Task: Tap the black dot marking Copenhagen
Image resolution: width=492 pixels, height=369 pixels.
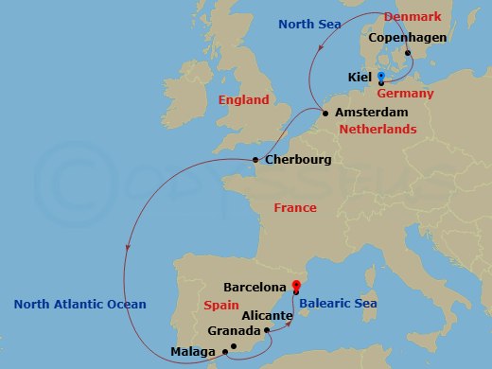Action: click(x=408, y=53)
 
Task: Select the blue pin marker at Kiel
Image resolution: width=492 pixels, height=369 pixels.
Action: click(x=380, y=76)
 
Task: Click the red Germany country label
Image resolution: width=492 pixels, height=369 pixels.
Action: click(x=405, y=94)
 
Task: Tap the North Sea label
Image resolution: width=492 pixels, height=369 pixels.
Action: click(x=306, y=23)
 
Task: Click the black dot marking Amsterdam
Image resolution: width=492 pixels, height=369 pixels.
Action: click(x=326, y=114)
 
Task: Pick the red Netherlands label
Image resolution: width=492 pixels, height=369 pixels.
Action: click(x=378, y=129)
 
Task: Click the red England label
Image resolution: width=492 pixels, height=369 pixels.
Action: click(x=243, y=99)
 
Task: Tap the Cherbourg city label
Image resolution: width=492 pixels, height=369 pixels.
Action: click(x=298, y=160)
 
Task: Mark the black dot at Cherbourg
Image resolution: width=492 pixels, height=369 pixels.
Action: click(x=255, y=160)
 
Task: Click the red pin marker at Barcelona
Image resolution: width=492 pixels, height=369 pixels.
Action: click(x=296, y=285)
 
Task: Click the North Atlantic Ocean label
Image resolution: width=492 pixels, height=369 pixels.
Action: click(x=80, y=304)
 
